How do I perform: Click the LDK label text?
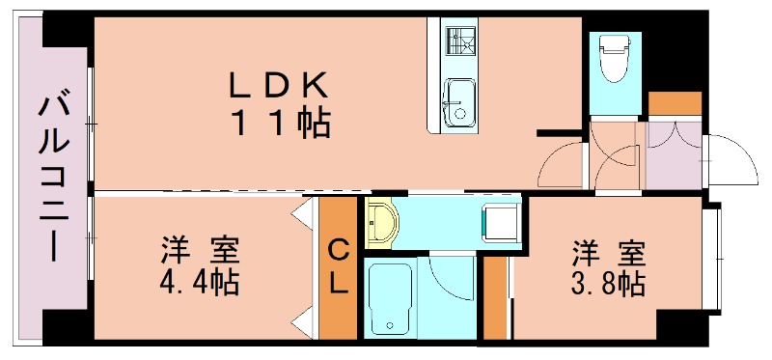tap(280, 86)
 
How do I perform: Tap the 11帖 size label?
tap(280, 124)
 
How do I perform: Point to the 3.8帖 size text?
tap(607, 284)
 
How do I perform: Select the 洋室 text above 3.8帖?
tap(607, 253)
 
